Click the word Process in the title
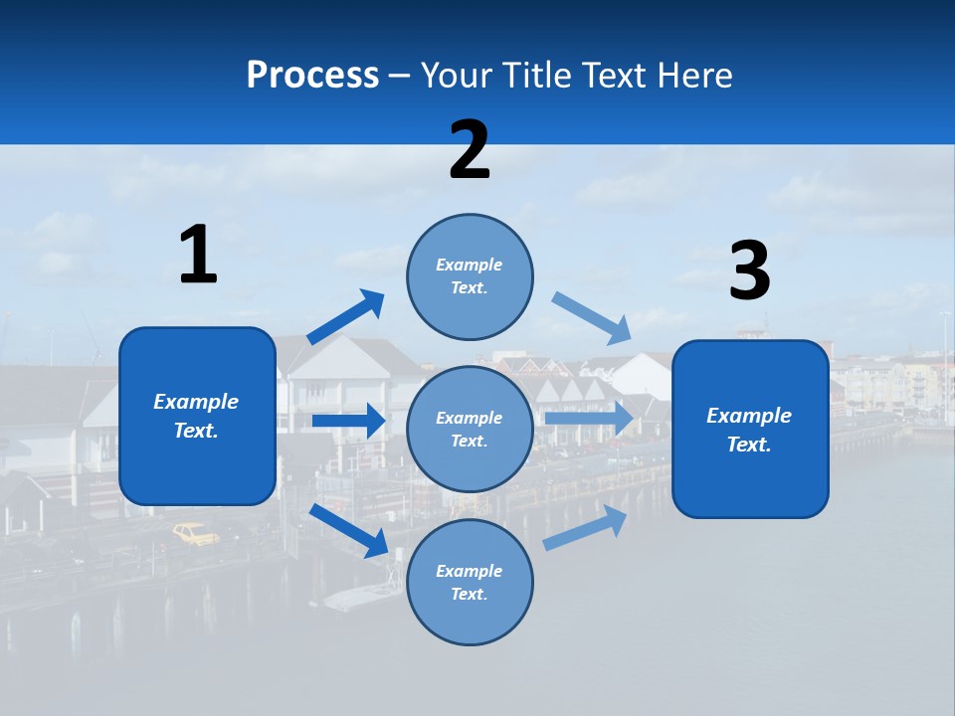(x=312, y=76)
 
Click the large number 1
(x=198, y=256)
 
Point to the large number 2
(x=470, y=150)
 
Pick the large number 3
(x=749, y=270)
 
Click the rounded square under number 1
(x=197, y=416)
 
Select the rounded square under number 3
(x=750, y=429)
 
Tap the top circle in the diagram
(x=470, y=276)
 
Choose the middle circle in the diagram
(x=470, y=429)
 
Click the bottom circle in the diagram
(x=470, y=582)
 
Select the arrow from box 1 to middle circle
(x=348, y=421)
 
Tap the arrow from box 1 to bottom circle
(x=348, y=530)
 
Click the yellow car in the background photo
(x=196, y=534)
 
